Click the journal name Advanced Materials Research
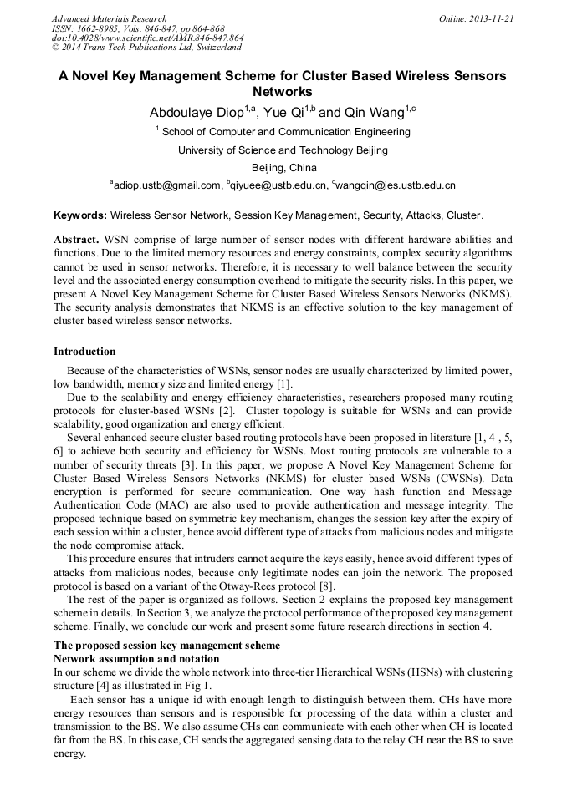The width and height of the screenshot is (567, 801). (109, 18)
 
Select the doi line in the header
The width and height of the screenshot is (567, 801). (148, 38)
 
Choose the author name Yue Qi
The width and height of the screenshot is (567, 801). (283, 113)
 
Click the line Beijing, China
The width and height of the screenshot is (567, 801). (283, 168)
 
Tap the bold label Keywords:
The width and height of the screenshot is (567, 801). (79, 215)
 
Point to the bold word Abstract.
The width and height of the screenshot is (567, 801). (76, 239)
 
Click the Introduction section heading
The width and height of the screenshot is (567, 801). (84, 352)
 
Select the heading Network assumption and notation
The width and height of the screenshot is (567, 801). (136, 659)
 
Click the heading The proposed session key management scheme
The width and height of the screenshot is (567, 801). (167, 646)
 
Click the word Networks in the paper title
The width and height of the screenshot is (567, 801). (283, 91)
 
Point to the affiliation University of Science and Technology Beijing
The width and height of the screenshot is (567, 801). (283, 150)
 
